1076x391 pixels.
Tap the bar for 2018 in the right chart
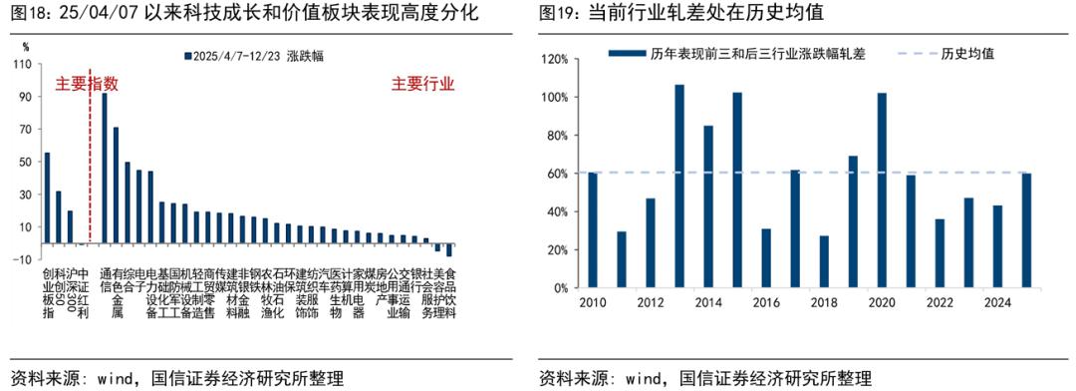[x=824, y=262]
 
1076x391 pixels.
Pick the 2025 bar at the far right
[x=1026, y=230]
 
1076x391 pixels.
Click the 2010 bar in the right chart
[x=593, y=230]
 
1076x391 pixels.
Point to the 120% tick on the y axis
[x=554, y=59]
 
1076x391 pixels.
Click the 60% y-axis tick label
[x=557, y=174]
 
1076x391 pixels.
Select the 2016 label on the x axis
[x=766, y=303]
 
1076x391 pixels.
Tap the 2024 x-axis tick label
[x=997, y=303]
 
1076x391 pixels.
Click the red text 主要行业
[x=422, y=84]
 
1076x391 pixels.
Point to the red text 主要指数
[x=87, y=84]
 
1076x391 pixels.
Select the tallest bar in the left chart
[x=105, y=168]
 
